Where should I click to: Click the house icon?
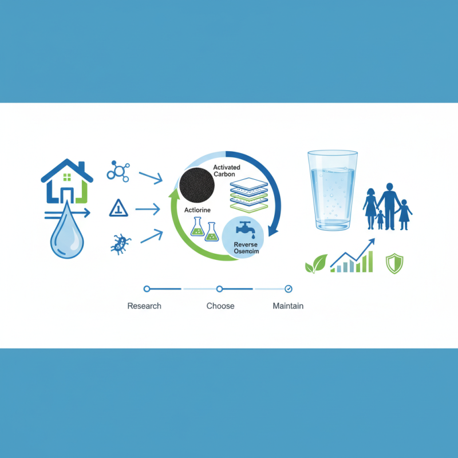click(67, 181)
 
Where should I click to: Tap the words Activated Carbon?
click(228, 171)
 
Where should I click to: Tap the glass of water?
click(332, 190)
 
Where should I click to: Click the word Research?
click(144, 306)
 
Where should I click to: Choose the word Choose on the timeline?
click(220, 306)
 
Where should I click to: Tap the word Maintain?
click(288, 306)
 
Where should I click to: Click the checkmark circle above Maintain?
click(289, 289)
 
